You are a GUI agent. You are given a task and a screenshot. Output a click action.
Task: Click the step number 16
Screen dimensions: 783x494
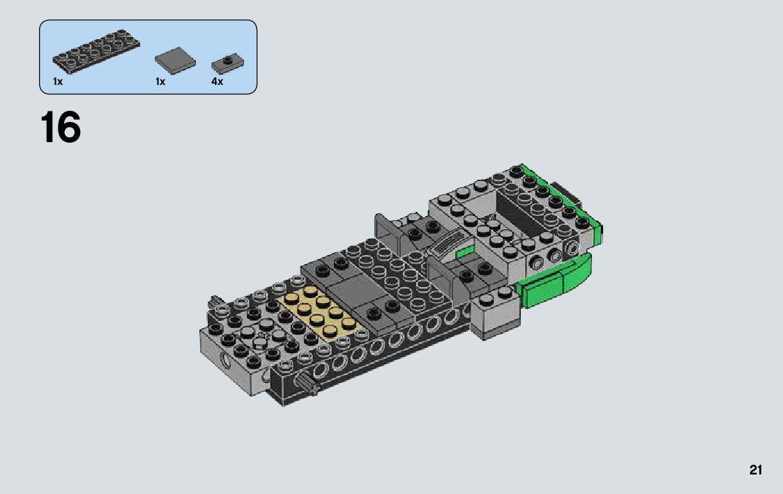(x=61, y=128)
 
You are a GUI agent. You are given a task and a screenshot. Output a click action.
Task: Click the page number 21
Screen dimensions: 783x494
(x=756, y=470)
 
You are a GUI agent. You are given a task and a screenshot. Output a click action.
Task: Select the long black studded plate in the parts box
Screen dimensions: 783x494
(x=96, y=51)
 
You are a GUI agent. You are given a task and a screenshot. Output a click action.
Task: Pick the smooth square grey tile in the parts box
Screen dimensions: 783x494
(x=175, y=61)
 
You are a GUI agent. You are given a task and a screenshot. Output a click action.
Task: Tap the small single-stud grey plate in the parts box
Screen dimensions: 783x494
(x=227, y=64)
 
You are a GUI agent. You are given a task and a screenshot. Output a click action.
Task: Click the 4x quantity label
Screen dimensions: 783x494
(x=218, y=82)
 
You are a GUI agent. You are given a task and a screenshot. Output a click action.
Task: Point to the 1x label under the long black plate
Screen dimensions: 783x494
(x=58, y=82)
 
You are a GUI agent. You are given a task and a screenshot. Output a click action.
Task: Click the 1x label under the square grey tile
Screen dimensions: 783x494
(x=160, y=82)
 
